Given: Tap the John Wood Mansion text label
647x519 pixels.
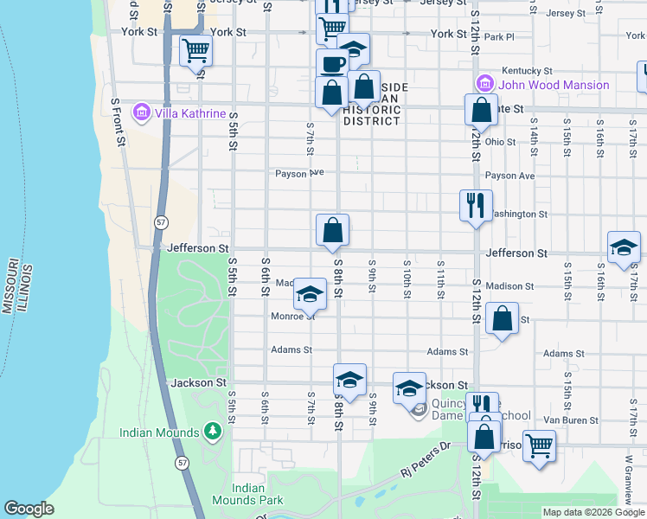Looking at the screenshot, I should coord(553,85).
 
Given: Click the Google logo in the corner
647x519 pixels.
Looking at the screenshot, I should coord(29,509).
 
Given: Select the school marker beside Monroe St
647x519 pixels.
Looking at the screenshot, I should coord(309,294).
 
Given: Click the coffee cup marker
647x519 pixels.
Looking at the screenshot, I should coord(331,63).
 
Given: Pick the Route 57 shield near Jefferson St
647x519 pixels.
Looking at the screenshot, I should coord(161,222).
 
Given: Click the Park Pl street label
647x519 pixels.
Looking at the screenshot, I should coord(499,37).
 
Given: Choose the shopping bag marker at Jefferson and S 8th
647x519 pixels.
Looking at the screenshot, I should coord(332,230).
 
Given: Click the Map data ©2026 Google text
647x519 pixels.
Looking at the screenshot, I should coord(593,512).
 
